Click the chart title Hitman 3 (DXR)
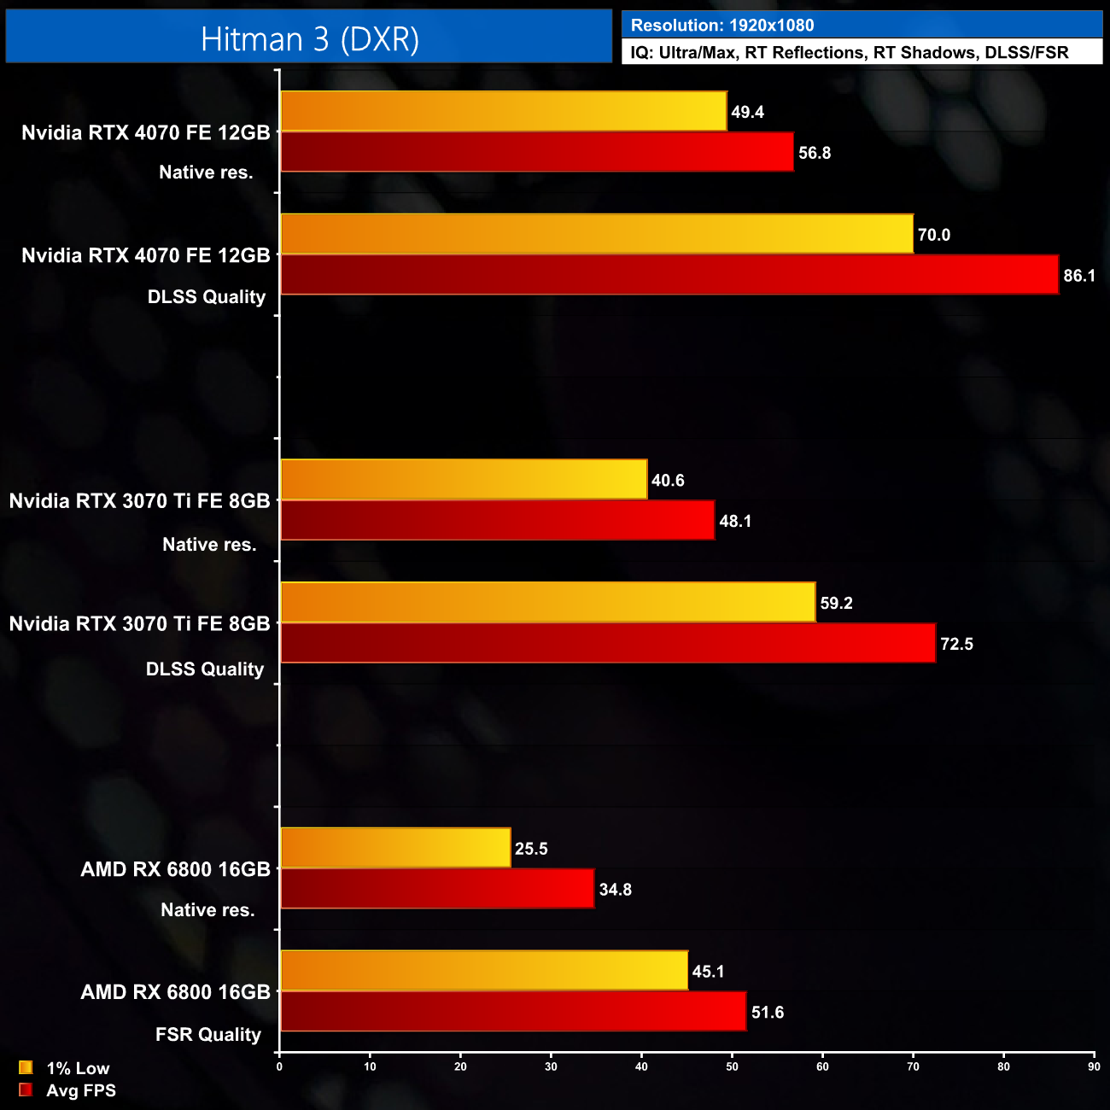(309, 39)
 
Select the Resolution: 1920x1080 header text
(722, 26)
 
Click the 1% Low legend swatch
(26, 1067)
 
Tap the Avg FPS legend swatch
(26, 1090)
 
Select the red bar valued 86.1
(669, 275)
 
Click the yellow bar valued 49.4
(504, 111)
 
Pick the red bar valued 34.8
(437, 889)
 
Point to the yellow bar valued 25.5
(395, 848)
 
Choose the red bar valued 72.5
(608, 643)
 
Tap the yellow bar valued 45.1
(484, 971)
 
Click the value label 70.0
(934, 235)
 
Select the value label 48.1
(735, 521)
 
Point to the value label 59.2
(836, 603)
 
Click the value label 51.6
(768, 1012)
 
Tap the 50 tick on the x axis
(732, 1066)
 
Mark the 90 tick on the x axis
(1094, 1066)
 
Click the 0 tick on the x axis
(279, 1066)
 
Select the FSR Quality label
(208, 1035)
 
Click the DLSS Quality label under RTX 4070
(207, 297)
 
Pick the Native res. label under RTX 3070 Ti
(209, 545)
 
